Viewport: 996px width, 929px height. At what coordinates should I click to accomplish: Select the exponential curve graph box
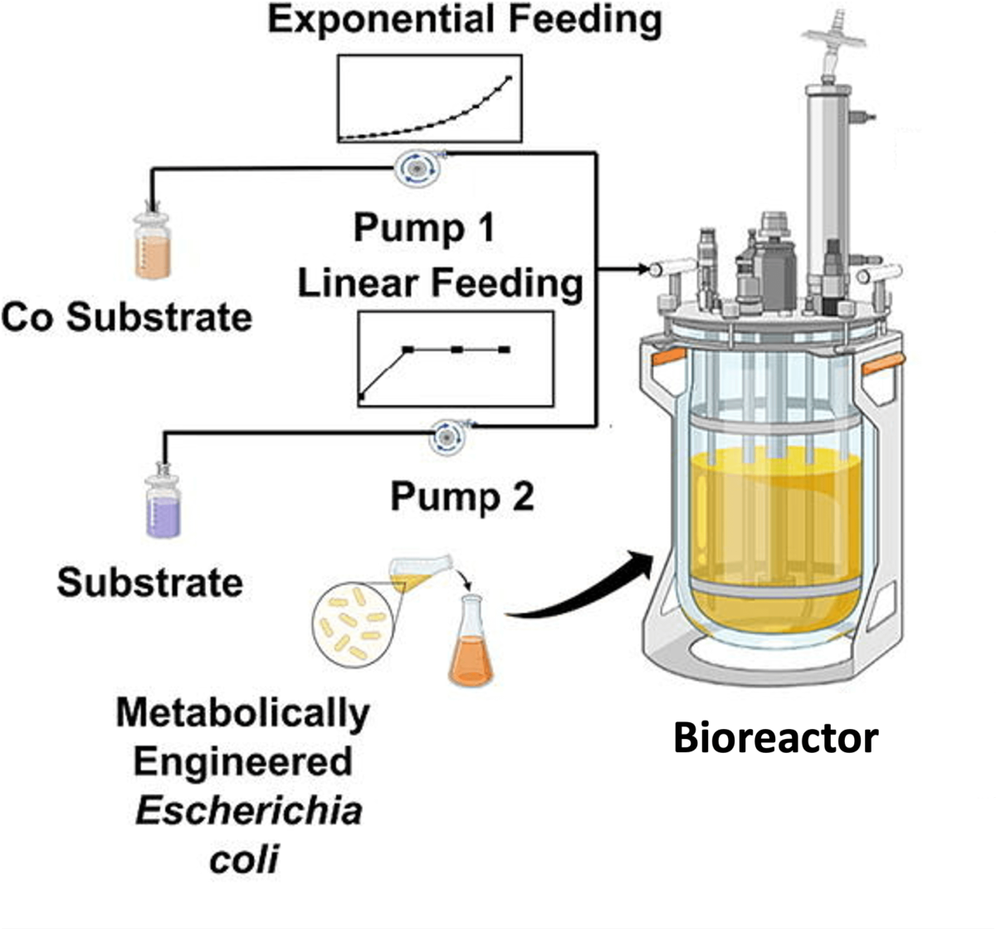(x=429, y=99)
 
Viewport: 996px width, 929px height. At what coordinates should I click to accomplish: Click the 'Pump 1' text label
(x=424, y=227)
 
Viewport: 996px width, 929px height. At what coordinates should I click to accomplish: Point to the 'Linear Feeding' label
(x=440, y=283)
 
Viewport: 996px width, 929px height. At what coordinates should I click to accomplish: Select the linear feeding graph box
(x=455, y=359)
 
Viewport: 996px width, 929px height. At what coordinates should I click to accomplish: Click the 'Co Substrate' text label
(x=126, y=317)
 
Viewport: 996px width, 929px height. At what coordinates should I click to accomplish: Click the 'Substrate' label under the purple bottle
(x=149, y=582)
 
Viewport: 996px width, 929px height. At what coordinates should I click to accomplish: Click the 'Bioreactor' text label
(x=775, y=737)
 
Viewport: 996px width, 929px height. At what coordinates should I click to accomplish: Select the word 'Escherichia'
(x=249, y=810)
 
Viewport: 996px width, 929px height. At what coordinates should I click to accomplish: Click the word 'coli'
(x=244, y=859)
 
